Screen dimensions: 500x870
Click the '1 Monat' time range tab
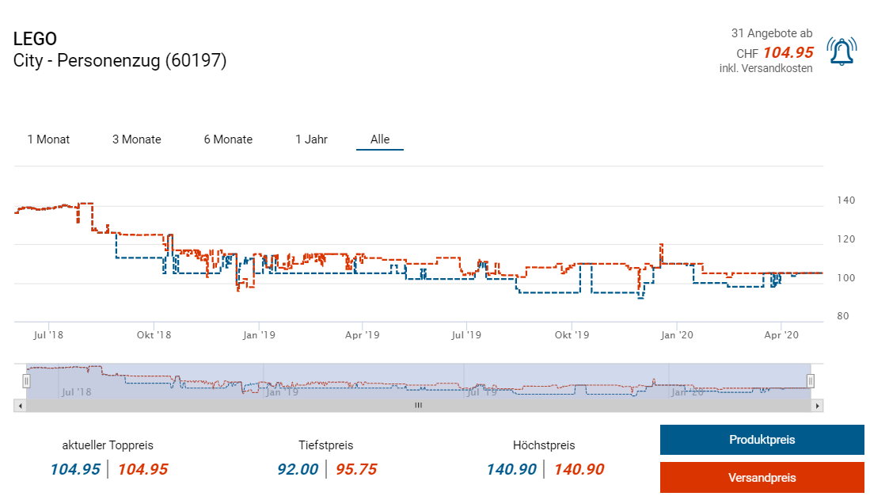pos(48,139)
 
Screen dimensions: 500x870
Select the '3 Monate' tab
pos(136,139)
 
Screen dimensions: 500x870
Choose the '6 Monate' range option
pos(228,139)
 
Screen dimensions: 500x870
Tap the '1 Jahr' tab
pos(311,139)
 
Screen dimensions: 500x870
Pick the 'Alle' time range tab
pos(380,139)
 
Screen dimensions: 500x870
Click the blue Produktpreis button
pos(762,440)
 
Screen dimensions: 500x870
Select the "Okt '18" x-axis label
pos(154,335)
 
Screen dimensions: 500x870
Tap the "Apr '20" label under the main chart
pos(781,335)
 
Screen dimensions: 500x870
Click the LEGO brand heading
pos(35,39)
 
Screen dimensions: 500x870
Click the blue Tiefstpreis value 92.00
pos(298,469)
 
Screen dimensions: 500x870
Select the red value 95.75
pos(356,469)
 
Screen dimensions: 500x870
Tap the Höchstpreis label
pos(544,445)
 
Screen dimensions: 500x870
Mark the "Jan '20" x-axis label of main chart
pos(677,335)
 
